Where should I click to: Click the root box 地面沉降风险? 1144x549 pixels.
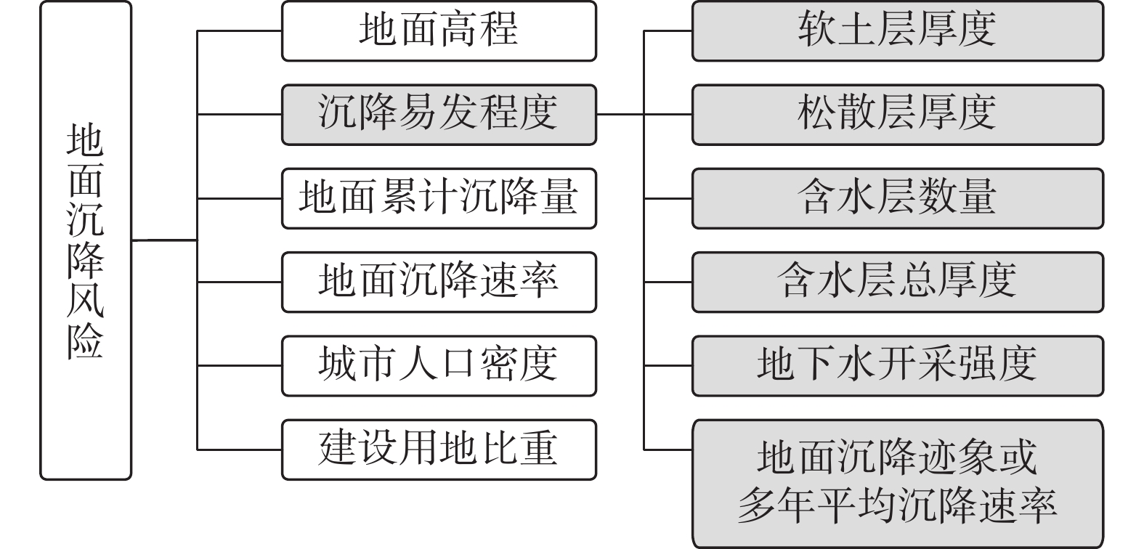click(x=86, y=240)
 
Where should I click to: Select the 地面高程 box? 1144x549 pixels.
click(x=439, y=31)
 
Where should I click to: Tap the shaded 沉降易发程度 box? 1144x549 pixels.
click(x=439, y=115)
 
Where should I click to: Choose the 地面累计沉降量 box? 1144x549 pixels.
click(x=439, y=198)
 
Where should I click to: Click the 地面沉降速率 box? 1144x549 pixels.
click(x=439, y=282)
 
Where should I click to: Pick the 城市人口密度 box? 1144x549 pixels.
click(x=439, y=365)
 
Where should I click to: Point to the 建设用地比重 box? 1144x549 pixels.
click(x=439, y=449)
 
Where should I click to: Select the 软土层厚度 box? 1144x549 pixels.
click(x=897, y=31)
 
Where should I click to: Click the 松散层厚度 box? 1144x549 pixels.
click(x=897, y=115)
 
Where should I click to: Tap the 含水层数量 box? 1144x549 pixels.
click(x=897, y=198)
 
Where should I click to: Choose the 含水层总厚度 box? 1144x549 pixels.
click(x=897, y=282)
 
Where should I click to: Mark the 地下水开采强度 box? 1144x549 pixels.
click(x=897, y=365)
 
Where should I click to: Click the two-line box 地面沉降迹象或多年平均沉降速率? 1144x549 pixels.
click(x=897, y=483)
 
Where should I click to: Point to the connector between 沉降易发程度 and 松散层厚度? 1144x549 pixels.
click(x=644, y=115)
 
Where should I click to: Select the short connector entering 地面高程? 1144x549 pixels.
click(x=240, y=31)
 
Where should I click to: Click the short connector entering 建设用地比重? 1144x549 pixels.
click(x=240, y=449)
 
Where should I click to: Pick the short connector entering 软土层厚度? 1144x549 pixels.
click(x=668, y=31)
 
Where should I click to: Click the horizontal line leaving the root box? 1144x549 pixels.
click(x=164, y=240)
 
